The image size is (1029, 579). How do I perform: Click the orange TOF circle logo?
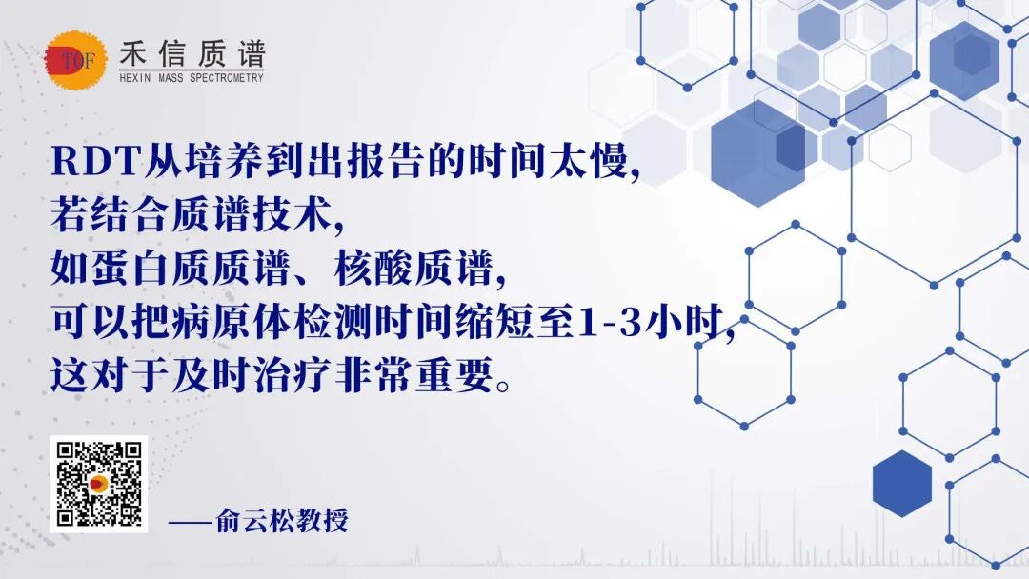76,60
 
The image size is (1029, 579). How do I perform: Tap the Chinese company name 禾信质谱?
192,53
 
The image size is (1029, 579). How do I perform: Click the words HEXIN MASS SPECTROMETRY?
192,78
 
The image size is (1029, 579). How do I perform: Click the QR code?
99,484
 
